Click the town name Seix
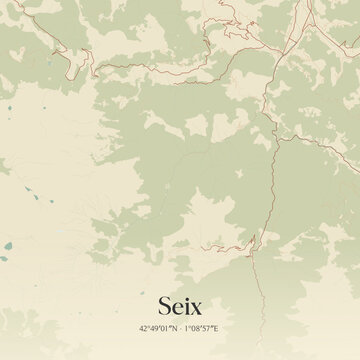180,304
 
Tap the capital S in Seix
164,304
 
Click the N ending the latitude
173,328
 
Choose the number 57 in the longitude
211,328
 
